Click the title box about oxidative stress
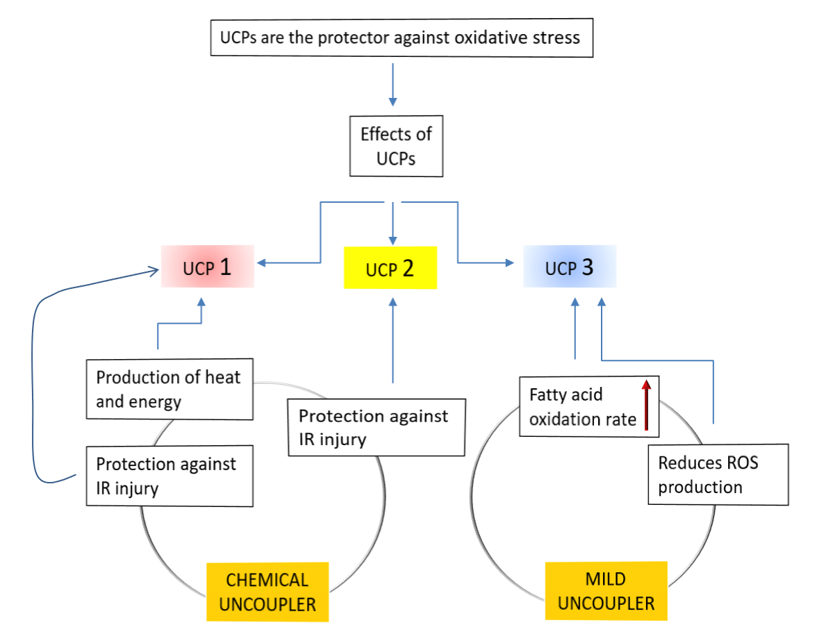(x=402, y=38)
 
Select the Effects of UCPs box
(x=396, y=146)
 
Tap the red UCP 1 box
(x=207, y=266)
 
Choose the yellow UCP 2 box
(x=390, y=268)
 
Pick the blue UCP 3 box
(x=570, y=266)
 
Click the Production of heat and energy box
(x=170, y=389)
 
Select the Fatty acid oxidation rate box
(x=589, y=406)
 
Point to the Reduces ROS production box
(x=718, y=474)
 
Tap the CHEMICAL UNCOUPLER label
(x=267, y=592)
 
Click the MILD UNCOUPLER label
(x=606, y=591)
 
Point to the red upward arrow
(x=646, y=405)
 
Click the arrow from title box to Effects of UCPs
(x=393, y=85)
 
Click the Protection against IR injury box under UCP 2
(x=377, y=427)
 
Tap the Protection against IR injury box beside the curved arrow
(x=170, y=476)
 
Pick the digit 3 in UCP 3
(x=587, y=267)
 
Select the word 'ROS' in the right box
(x=743, y=463)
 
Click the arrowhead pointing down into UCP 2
(x=393, y=241)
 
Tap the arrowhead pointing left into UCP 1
(x=261, y=263)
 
